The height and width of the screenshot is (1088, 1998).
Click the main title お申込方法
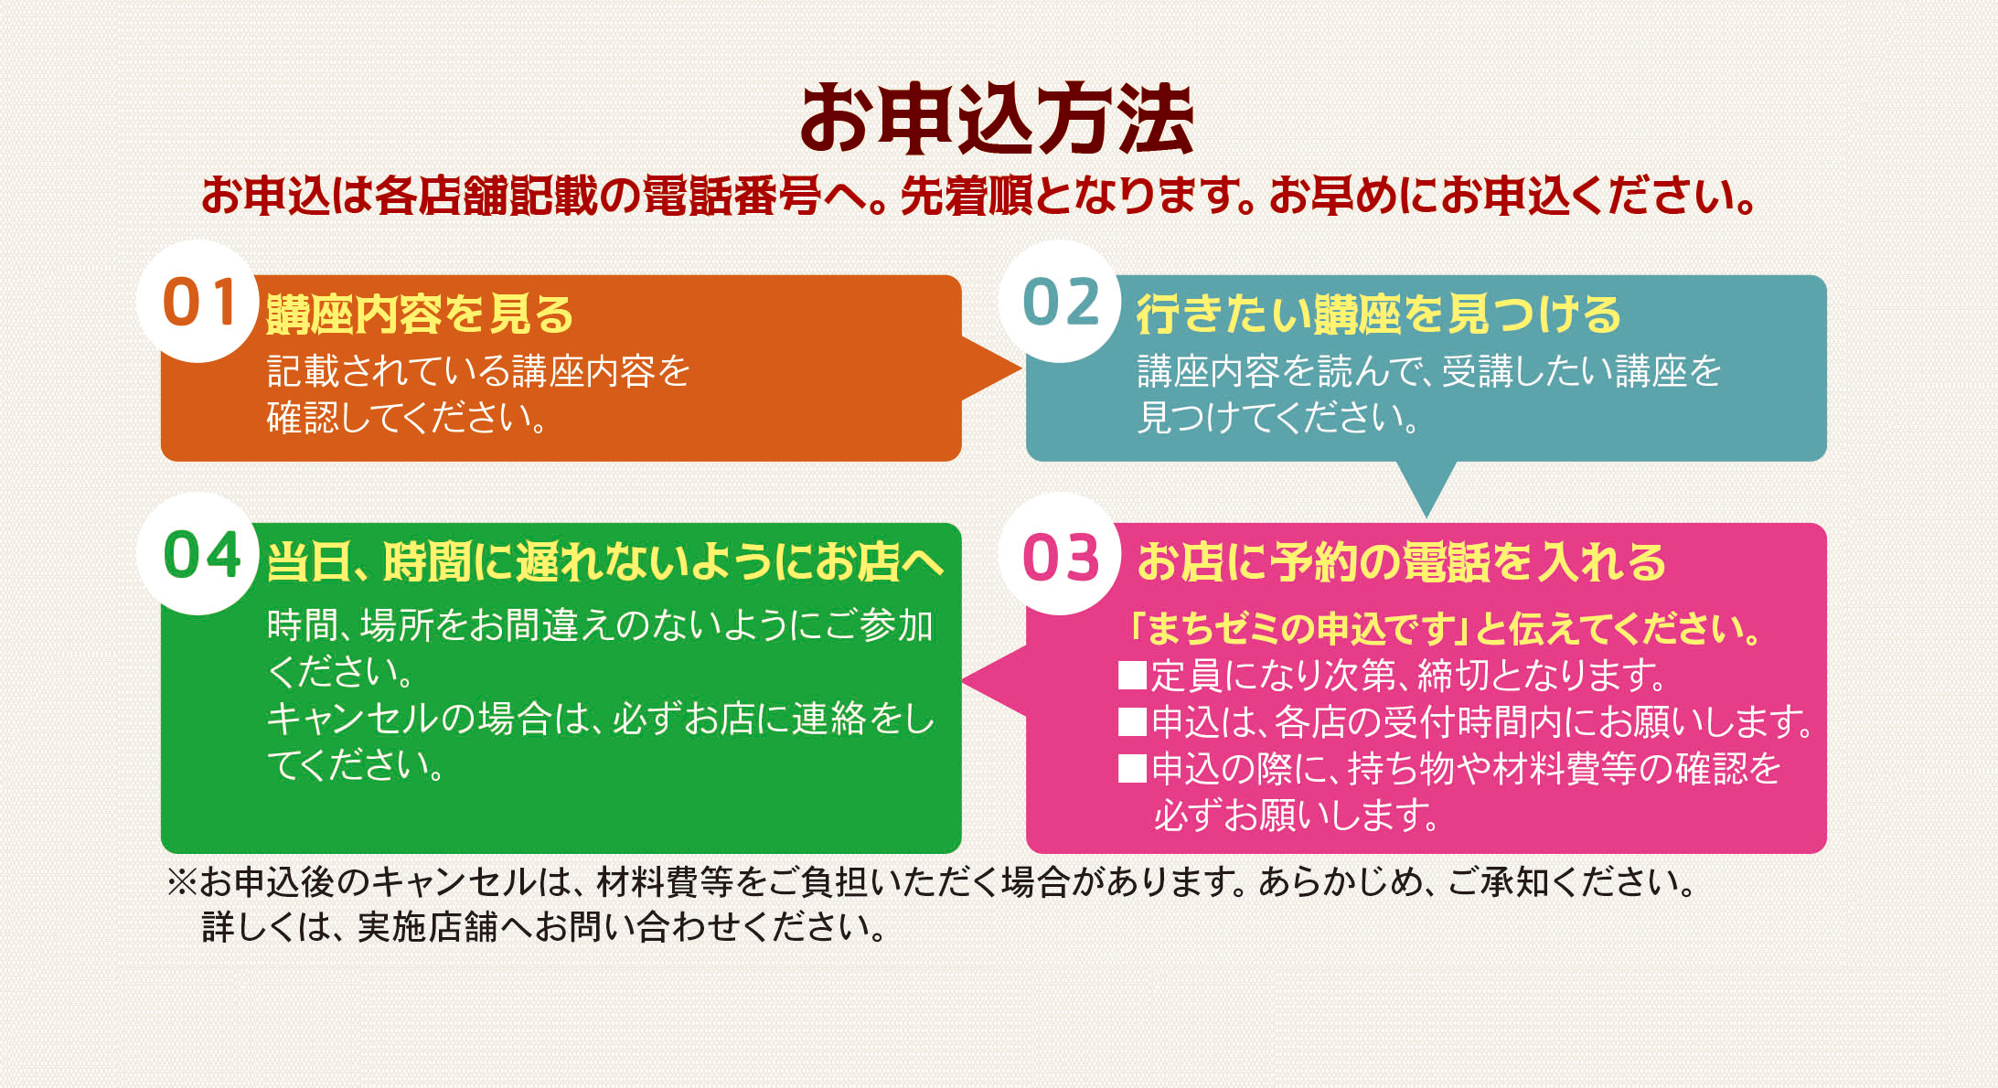coord(997,119)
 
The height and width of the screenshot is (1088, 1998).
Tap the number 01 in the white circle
coord(200,303)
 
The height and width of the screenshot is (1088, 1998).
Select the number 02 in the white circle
coord(1061,303)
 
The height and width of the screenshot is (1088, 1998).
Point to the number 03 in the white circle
coord(1061,557)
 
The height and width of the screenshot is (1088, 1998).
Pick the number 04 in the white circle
coord(202,555)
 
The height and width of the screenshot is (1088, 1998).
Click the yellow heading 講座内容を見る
coord(420,315)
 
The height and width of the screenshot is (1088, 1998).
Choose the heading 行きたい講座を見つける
coord(1379,315)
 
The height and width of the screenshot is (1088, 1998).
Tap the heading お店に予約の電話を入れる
coord(1402,561)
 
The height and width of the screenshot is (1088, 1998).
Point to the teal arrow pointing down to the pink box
coord(1426,487)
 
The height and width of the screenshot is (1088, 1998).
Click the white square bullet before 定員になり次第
coord(1133,675)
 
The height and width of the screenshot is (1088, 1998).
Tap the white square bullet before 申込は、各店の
coord(1133,721)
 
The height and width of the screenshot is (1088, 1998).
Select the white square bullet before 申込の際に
coord(1133,768)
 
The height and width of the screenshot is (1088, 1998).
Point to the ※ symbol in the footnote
coord(182,882)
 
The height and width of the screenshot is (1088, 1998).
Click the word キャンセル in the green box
coord(353,719)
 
